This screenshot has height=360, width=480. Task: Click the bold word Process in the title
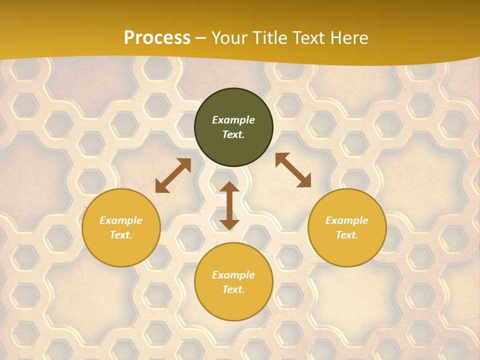coord(157,38)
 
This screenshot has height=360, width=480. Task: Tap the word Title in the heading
coord(267,38)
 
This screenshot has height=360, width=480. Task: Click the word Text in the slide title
coord(308,38)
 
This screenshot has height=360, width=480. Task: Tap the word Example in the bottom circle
coord(233,275)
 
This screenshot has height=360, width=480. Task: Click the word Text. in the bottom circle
coord(233,289)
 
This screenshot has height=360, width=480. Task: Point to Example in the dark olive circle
coord(233,120)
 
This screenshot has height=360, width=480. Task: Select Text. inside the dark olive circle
coord(233,134)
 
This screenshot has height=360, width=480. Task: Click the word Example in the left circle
coord(121,220)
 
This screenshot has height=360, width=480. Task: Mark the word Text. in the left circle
coord(121,235)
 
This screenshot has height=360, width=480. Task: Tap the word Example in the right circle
coord(347,220)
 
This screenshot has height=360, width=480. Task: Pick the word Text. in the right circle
coord(347,235)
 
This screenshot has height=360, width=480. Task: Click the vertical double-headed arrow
coord(229,205)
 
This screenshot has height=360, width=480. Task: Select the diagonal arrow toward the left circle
coord(173,175)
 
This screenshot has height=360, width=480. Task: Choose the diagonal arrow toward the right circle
coord(293,170)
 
